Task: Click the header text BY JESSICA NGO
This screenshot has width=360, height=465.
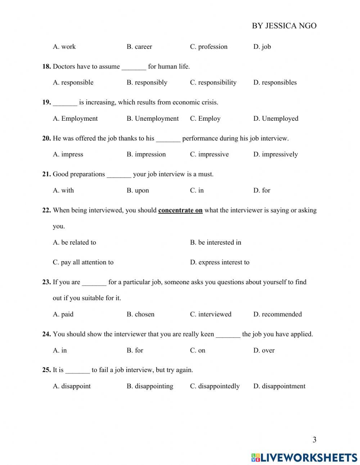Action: [284, 26]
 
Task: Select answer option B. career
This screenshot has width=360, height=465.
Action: [139, 46]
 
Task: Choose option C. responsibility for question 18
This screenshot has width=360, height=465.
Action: [213, 82]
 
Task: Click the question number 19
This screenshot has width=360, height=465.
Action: [46, 102]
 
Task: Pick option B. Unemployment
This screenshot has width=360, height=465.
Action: [153, 119]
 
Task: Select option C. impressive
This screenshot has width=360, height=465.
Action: [209, 155]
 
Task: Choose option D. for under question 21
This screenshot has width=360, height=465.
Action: [262, 191]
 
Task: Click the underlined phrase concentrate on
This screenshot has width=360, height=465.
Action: [180, 210]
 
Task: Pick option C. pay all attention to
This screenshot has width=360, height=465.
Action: [83, 262]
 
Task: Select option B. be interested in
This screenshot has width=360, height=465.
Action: [216, 242]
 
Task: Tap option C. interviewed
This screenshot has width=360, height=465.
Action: [211, 314]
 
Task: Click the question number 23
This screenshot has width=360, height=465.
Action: [46, 282]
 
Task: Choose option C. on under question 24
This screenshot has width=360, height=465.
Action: [198, 350]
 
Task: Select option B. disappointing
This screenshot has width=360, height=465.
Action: [150, 386]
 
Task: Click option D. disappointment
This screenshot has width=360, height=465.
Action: [279, 386]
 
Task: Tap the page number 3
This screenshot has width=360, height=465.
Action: [314, 440]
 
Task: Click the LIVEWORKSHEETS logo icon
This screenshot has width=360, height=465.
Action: [256, 457]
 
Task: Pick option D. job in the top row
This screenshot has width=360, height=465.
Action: [262, 46]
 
